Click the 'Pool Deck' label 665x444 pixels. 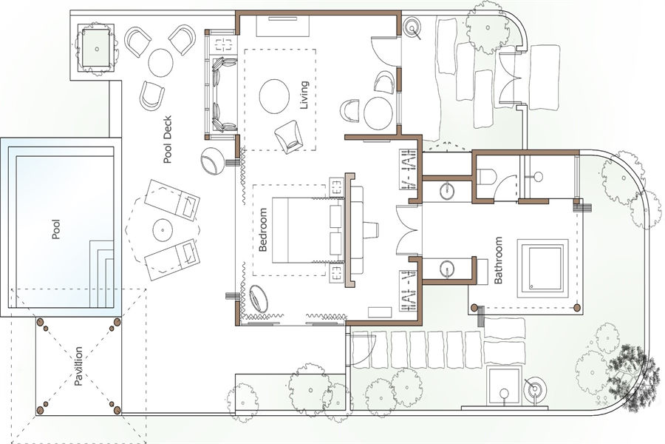168,139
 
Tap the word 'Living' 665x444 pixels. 304,95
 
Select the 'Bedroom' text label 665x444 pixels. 263,229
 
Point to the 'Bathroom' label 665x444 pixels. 498,260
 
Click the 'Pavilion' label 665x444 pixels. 78,366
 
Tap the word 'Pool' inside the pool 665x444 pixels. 55,229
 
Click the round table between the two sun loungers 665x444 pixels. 163,230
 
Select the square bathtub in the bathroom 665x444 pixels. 542,269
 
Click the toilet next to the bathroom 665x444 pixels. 487,177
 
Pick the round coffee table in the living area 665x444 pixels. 274,96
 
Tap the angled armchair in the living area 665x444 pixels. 289,136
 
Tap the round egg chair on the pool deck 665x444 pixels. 212,161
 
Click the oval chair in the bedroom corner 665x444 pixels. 259,299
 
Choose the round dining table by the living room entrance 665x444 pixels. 378,113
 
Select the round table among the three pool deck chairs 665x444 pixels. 161,62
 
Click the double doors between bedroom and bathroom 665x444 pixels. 408,230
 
